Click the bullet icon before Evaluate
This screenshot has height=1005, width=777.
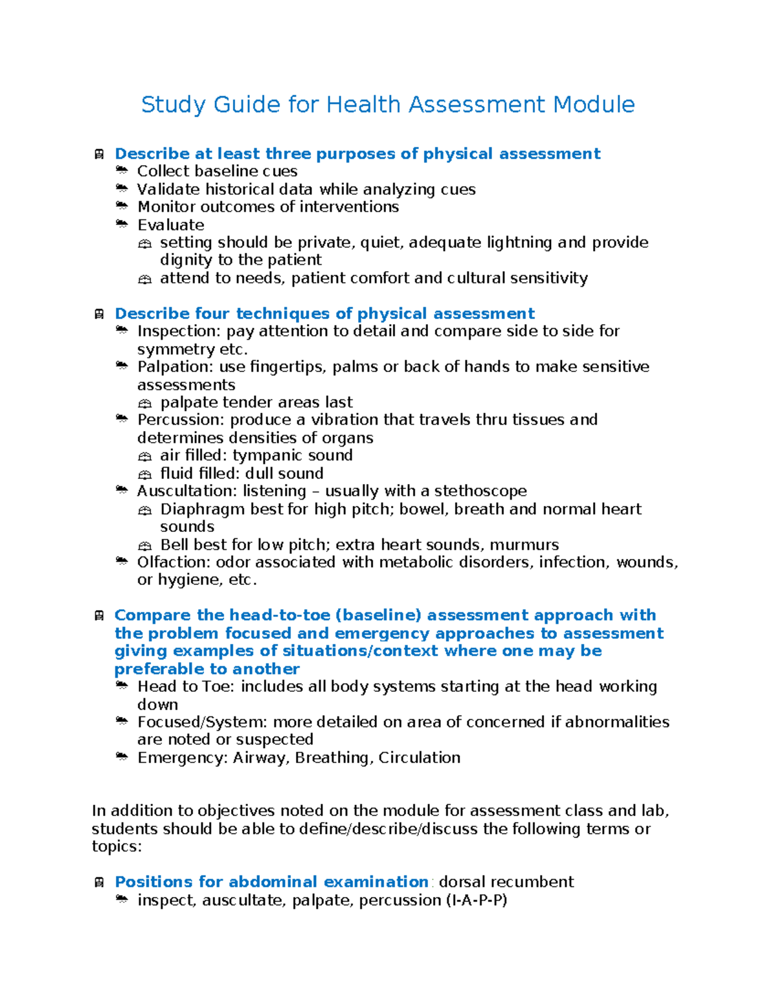click(122, 224)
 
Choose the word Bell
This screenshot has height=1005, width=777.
click(174, 545)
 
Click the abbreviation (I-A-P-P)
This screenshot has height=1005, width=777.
click(477, 900)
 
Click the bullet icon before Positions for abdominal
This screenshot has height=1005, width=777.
click(99, 882)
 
